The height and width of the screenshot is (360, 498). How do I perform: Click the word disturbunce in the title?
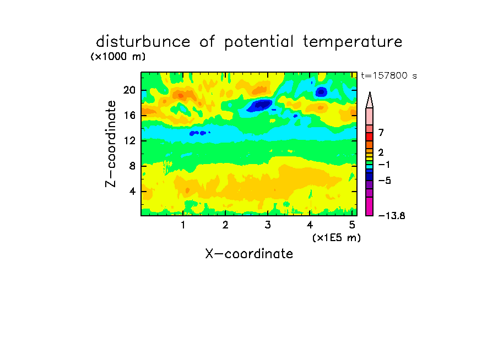tap(143, 42)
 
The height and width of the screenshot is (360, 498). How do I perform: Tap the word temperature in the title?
tap(353, 42)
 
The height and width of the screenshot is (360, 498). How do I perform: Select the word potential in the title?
tap(259, 42)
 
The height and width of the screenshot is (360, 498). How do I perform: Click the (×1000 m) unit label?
tap(118, 57)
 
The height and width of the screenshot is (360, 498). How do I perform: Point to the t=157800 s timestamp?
tap(389, 75)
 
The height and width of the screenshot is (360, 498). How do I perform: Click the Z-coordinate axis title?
tap(111, 144)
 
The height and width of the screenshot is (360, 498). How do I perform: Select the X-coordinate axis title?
tap(249, 254)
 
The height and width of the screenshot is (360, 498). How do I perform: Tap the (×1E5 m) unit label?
tap(337, 238)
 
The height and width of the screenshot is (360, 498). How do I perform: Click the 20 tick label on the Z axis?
tap(129, 90)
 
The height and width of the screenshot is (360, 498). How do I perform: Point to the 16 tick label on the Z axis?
tap(129, 115)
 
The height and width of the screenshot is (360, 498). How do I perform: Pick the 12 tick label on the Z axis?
tap(129, 140)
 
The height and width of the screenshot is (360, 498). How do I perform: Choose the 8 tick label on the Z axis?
tap(132, 166)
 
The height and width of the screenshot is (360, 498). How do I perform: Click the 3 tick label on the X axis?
tap(268, 225)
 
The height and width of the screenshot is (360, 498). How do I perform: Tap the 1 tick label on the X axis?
tap(183, 225)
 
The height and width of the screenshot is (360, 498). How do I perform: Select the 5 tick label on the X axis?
tap(352, 225)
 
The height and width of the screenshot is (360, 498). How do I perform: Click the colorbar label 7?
tap(381, 132)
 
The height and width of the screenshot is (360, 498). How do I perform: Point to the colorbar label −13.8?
tap(392, 216)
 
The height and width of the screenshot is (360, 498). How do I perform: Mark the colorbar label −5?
tap(385, 181)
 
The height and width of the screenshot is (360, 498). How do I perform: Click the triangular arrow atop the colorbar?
tap(370, 100)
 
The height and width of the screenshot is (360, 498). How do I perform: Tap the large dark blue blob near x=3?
tap(260, 105)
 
